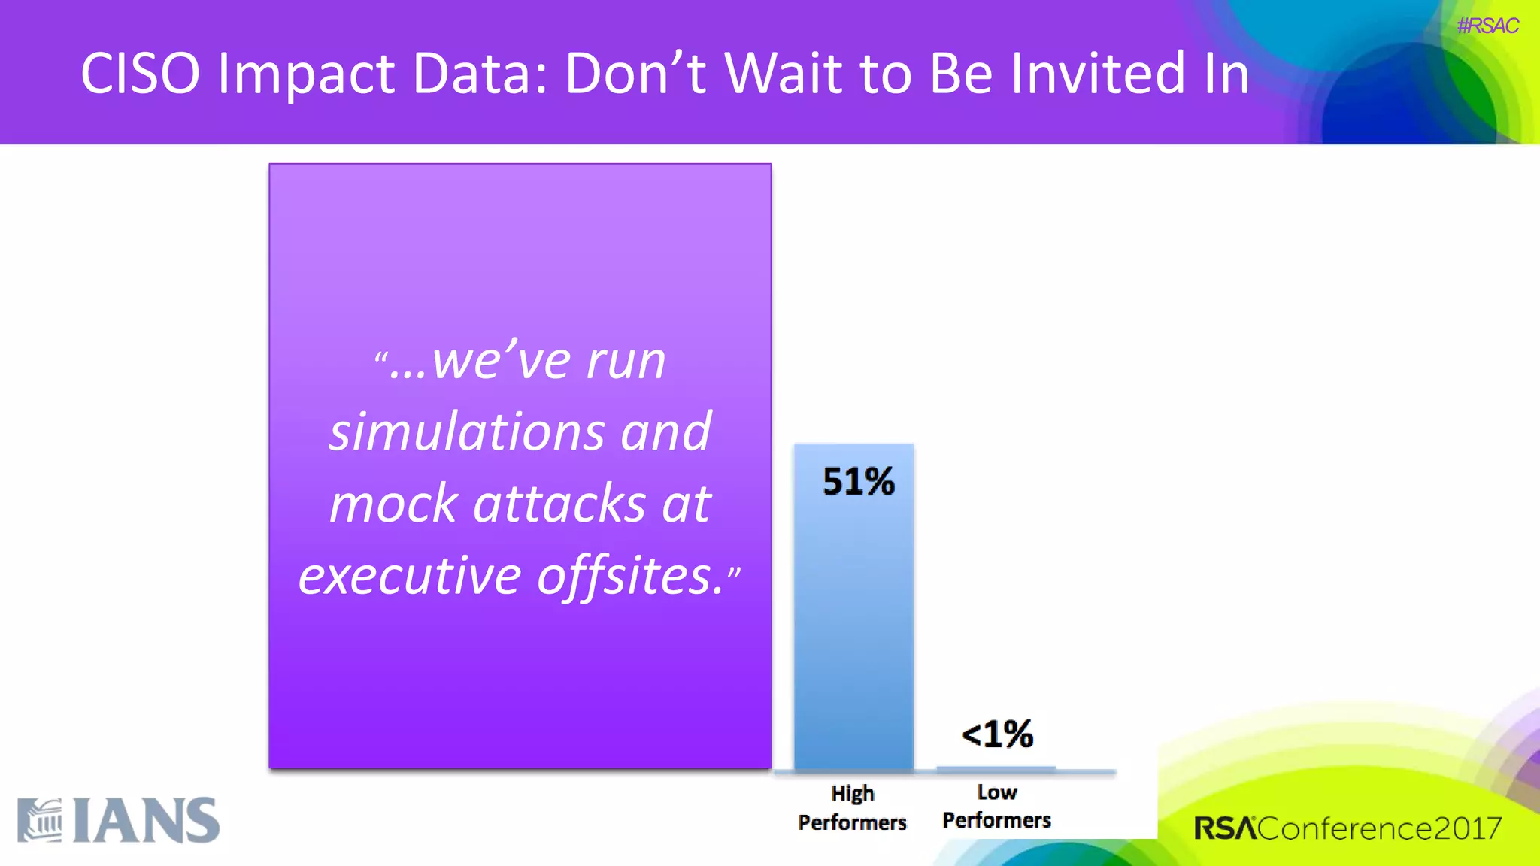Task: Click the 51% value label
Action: [858, 481]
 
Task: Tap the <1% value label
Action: [997, 734]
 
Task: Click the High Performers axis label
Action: [852, 807]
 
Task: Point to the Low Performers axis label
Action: [996, 806]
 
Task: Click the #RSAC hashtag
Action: [1487, 26]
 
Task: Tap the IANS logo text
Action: [147, 821]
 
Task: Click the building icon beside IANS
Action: [40, 821]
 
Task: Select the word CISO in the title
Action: [141, 74]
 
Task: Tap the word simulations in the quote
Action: [467, 432]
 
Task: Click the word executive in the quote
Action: [410, 576]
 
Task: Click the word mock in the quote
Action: [393, 504]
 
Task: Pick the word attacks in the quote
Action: [559, 504]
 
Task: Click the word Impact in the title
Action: [306, 74]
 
